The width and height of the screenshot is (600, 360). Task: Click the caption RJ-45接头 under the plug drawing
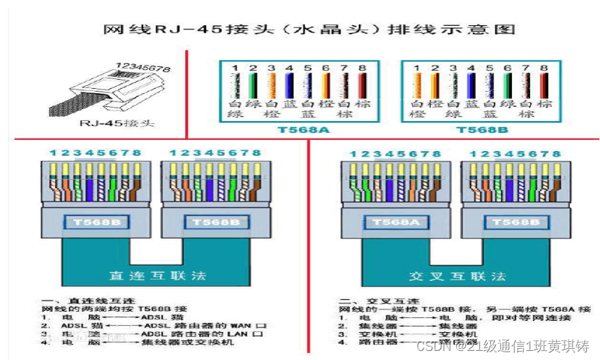[126, 124]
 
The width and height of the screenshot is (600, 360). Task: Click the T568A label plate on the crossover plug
[390, 222]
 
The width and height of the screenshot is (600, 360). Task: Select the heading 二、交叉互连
[367, 300]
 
